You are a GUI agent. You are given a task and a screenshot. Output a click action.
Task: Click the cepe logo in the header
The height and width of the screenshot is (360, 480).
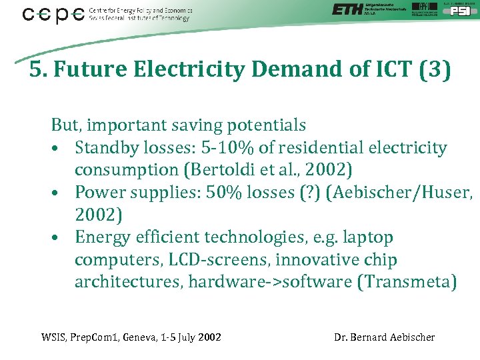53,14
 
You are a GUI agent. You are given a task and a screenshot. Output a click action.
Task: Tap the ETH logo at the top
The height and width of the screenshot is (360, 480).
347,9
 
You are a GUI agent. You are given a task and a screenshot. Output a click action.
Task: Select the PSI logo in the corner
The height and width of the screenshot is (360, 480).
456,10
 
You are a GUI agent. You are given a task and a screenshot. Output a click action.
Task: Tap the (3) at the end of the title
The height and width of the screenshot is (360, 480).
435,69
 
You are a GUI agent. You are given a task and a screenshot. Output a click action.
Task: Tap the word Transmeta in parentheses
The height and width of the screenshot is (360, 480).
407,283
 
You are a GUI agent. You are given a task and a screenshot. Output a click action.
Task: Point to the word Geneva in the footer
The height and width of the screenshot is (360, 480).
139,337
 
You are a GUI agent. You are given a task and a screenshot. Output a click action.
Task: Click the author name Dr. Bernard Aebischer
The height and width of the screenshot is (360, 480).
385,337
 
